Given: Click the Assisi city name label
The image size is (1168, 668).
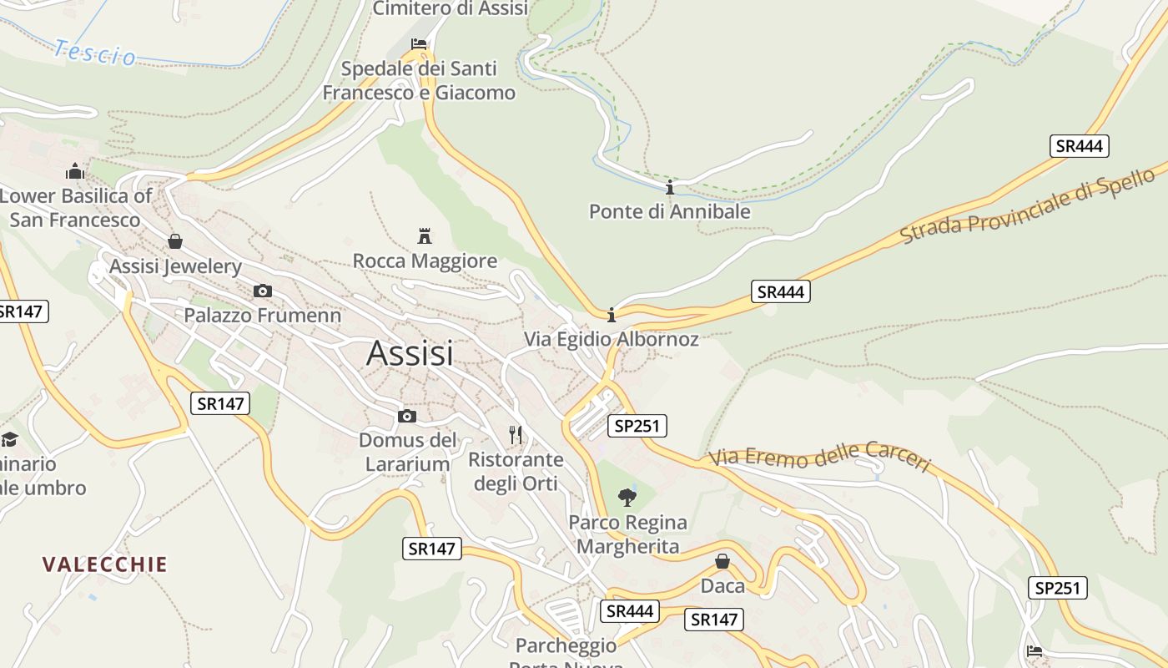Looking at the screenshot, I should [410, 353].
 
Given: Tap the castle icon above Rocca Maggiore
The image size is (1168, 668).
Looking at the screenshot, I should [425, 235].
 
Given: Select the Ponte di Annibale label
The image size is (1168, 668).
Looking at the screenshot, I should [669, 211].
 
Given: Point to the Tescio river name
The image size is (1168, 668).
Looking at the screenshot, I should [94, 53].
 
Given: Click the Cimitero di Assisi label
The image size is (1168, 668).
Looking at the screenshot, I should [450, 8].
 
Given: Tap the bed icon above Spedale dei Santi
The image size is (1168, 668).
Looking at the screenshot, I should [419, 43].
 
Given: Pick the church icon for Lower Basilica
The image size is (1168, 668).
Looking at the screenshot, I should [75, 172].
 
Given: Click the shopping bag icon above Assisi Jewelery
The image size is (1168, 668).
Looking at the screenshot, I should [175, 241].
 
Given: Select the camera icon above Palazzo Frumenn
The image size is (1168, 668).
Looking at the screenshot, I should [262, 291].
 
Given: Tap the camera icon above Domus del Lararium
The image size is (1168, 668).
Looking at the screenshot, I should [407, 416].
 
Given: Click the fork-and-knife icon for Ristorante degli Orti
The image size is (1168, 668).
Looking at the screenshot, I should [516, 434].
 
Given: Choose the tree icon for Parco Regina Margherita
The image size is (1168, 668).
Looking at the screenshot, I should [627, 498].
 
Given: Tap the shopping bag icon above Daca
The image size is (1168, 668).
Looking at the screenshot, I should [722, 561].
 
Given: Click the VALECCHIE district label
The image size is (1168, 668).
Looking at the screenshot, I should [105, 564].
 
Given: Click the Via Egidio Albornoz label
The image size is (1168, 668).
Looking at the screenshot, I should [611, 339].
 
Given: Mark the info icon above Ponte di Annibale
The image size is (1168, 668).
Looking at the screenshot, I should [669, 187].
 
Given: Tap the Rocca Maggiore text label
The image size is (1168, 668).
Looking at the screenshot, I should [425, 261].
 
